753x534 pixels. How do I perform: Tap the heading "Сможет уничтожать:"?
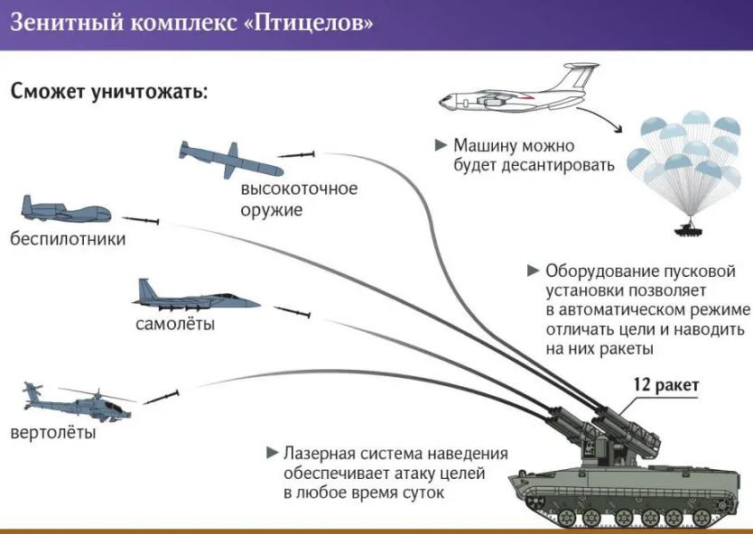109,92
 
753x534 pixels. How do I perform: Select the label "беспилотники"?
69,239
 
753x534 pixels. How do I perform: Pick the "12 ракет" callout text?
665,385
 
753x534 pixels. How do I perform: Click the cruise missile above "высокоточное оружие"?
230,159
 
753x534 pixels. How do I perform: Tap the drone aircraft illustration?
65,210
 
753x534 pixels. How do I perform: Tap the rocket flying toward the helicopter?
161,395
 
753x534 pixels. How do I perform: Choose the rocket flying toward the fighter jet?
293,312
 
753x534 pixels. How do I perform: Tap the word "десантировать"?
560,165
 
